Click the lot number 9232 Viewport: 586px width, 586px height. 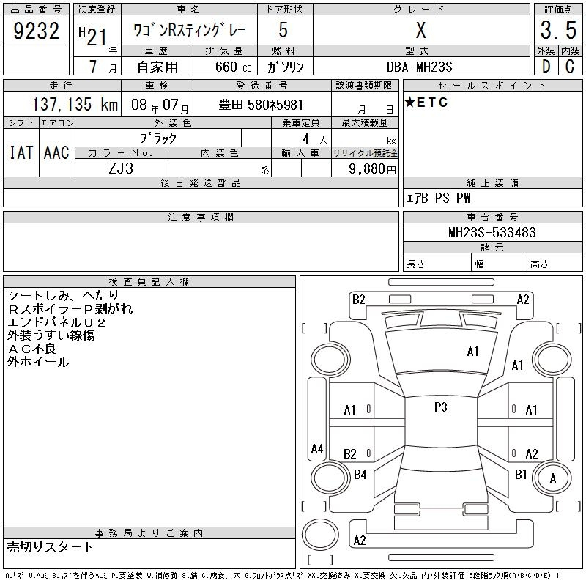tap(36, 31)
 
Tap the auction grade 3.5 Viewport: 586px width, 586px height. tap(558, 30)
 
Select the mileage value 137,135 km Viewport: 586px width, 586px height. tap(75, 104)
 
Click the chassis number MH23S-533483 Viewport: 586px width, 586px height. tap(492, 232)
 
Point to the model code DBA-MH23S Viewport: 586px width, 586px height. tap(419, 67)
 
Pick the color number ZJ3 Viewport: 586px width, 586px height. tap(121, 168)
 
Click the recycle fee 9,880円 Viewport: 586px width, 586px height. tap(372, 169)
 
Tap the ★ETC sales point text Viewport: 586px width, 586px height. tap(426, 103)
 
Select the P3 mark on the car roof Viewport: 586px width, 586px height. tap(441, 407)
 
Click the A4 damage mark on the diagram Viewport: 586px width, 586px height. tap(317, 448)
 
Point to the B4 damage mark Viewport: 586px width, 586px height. tap(360, 475)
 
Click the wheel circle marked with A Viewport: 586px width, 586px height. tap(552, 478)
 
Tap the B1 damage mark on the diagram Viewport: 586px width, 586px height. tap(521, 475)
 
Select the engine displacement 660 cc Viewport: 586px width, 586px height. tap(233, 67)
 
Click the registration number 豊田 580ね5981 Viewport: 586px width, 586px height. tap(261, 105)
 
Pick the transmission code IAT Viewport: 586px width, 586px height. tap(21, 152)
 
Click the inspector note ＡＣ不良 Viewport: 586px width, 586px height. tap(32, 349)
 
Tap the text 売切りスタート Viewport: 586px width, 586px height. tap(50, 547)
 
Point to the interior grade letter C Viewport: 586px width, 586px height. tap(570, 67)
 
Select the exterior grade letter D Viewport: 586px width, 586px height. tap(546, 67)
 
